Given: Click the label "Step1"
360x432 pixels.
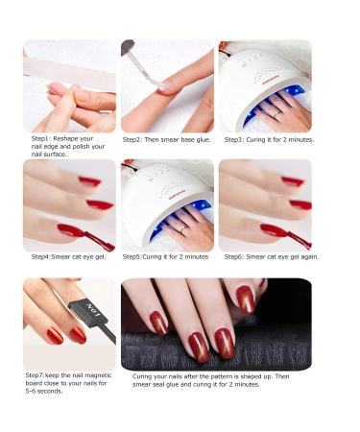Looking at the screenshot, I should [x=39, y=139].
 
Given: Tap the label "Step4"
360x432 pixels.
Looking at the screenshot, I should [x=41, y=257].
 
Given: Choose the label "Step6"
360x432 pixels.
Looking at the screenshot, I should [x=235, y=257].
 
